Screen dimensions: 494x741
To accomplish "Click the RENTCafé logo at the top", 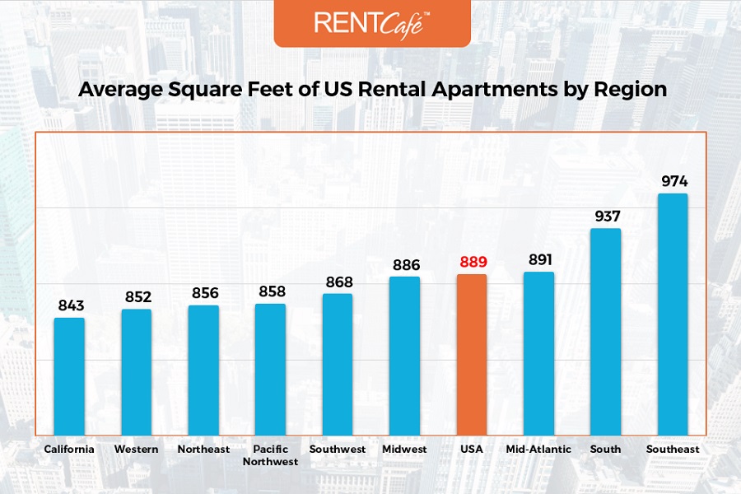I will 371,22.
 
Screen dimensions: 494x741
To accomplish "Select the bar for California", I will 69,376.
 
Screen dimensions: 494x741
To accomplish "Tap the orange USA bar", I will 472,354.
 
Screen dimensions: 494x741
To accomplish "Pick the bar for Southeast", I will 672,314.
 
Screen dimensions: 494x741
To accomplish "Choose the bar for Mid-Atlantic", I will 538,353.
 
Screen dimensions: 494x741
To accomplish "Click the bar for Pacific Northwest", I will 270,369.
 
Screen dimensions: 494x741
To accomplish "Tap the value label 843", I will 70,306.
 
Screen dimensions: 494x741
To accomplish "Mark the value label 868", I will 337,282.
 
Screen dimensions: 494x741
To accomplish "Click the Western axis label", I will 137,450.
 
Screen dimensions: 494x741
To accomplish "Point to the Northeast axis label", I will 203,450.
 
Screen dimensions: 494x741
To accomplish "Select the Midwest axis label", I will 404,450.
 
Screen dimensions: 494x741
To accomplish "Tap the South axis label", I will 605,450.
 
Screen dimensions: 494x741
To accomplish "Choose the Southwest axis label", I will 337,450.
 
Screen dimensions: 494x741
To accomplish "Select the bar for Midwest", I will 404,356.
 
